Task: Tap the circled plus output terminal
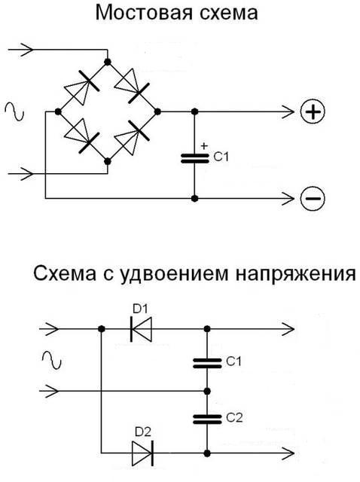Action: point(313,111)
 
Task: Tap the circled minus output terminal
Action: point(313,198)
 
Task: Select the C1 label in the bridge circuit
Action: point(221,157)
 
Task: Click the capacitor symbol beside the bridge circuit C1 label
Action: point(194,158)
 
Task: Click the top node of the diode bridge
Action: point(107,62)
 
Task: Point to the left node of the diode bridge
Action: point(58,111)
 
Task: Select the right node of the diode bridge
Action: point(157,111)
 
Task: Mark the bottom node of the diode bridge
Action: point(108,161)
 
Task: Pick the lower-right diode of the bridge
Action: point(133,136)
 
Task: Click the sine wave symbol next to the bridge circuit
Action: point(14,111)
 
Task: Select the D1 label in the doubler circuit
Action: point(140,309)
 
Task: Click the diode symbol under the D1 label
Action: point(141,329)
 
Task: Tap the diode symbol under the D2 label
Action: point(142,453)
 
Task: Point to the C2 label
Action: point(234,418)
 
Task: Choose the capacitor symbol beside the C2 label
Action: point(207,419)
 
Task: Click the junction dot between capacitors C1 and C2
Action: point(207,392)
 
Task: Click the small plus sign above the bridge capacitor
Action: point(204,145)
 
